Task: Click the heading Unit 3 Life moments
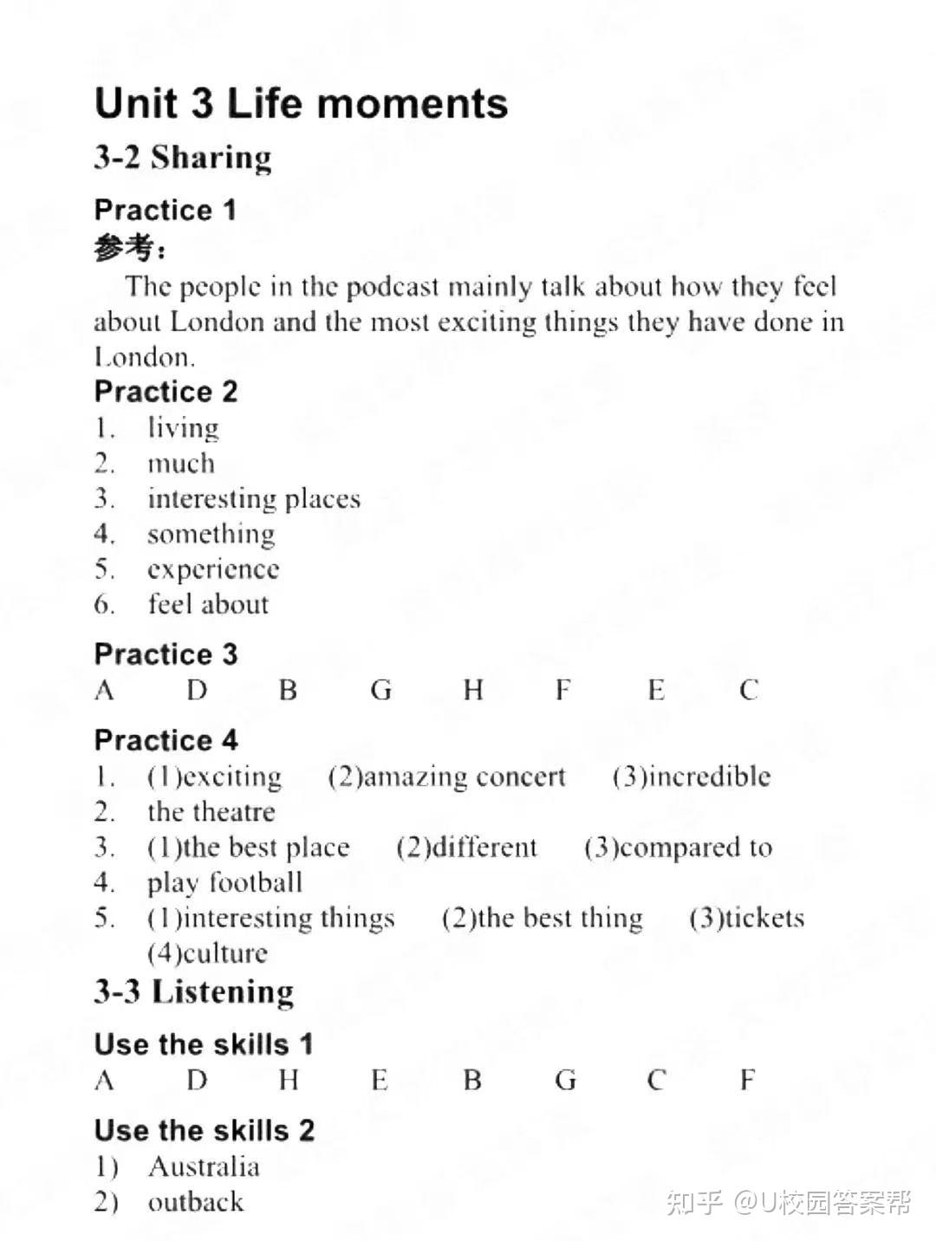301,103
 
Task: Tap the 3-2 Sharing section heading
183,158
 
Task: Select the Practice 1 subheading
165,210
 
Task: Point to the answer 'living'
183,428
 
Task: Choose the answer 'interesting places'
253,499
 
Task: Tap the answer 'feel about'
208,604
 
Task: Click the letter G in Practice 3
381,691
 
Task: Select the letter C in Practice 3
749,691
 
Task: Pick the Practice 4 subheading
166,740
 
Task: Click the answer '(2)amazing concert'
446,776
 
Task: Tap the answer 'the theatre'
211,812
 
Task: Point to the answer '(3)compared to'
678,848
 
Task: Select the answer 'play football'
224,883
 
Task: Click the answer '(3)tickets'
746,918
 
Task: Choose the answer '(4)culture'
207,953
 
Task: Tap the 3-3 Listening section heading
194,992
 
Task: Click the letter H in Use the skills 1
289,1081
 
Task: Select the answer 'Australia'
204,1167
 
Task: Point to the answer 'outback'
195,1202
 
